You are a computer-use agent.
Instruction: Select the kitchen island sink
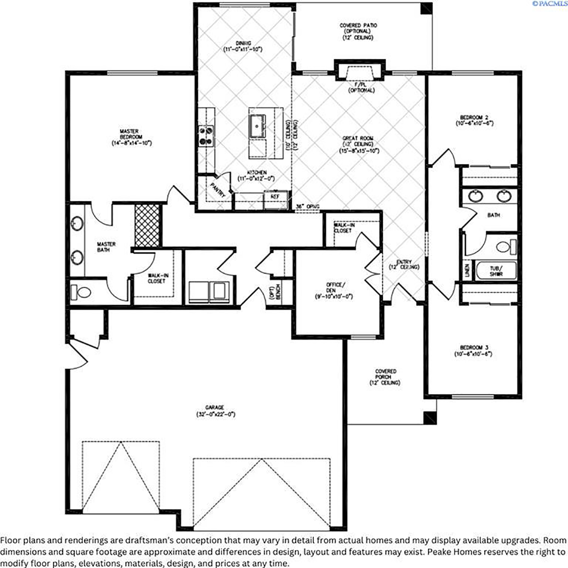[x=258, y=126]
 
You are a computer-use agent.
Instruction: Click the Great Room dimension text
[x=359, y=151]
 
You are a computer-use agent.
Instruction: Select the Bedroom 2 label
[x=474, y=118]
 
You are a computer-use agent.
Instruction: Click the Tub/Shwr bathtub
[x=496, y=270]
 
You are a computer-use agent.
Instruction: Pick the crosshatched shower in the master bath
[x=147, y=225]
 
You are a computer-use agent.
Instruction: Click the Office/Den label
[x=335, y=288]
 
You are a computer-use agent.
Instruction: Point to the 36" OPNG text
[x=308, y=207]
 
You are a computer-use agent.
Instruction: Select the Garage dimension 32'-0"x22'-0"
[x=216, y=414]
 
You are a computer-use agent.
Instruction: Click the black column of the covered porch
[x=430, y=418]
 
